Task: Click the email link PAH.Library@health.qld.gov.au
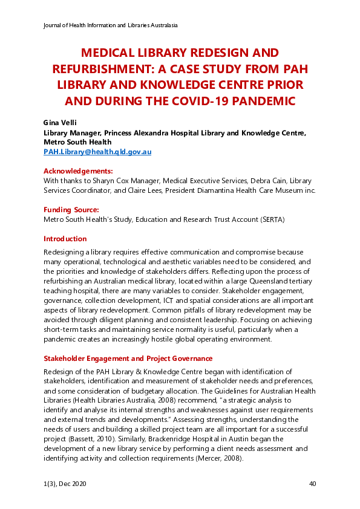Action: (x=97, y=152)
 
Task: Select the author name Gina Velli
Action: (x=60, y=122)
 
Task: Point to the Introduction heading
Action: (x=65, y=239)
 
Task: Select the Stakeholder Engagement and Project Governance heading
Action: (x=128, y=358)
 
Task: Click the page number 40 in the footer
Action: (x=312, y=484)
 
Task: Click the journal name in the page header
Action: (x=111, y=25)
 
